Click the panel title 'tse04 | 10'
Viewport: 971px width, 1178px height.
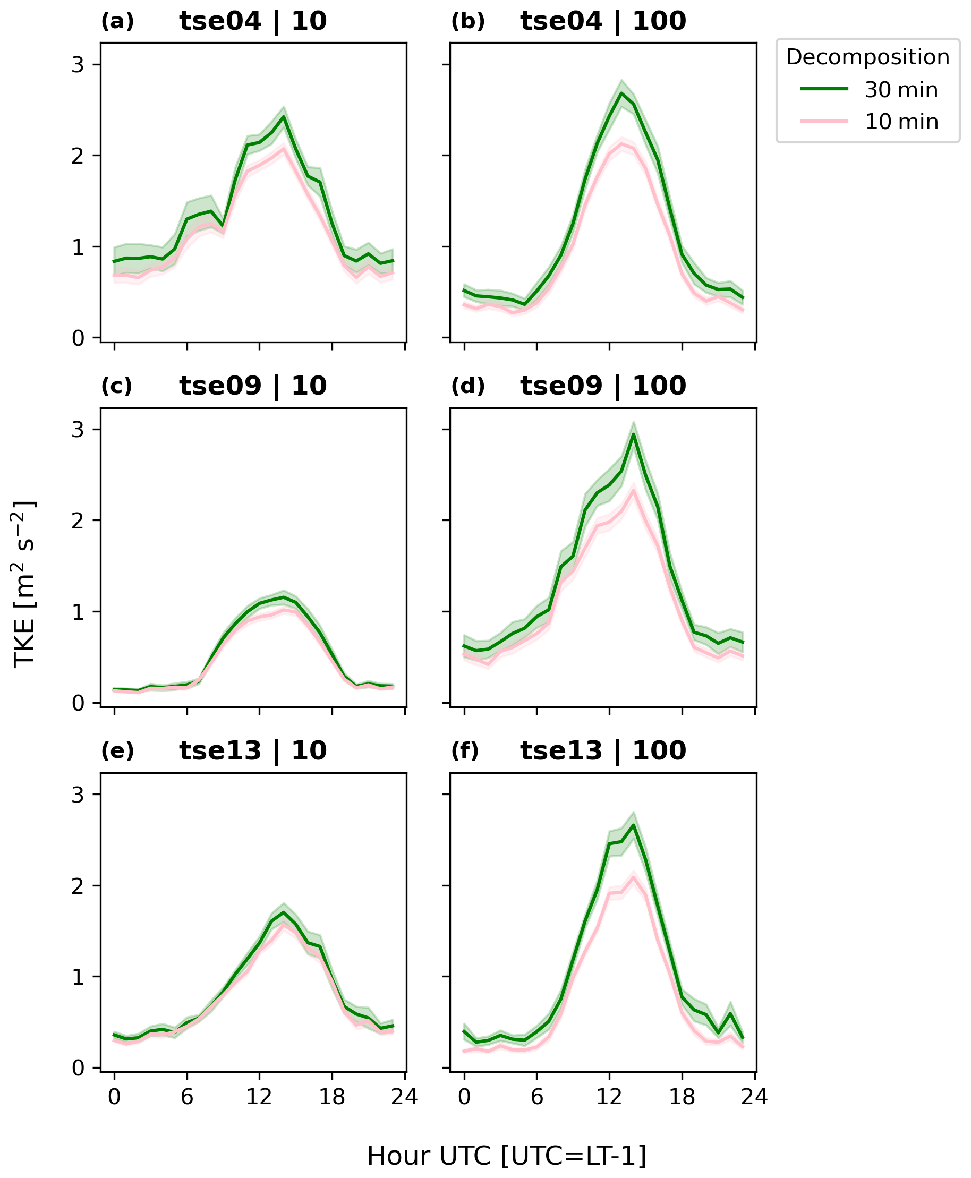tap(253, 22)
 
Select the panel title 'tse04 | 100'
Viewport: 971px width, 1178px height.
tap(603, 22)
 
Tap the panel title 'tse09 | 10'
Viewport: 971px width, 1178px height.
tap(253, 387)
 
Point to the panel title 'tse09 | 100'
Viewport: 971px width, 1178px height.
tap(603, 387)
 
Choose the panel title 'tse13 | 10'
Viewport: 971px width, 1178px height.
tap(253, 751)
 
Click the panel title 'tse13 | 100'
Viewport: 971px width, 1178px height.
tap(603, 751)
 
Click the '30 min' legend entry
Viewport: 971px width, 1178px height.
tap(900, 90)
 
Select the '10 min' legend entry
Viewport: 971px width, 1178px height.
tap(900, 122)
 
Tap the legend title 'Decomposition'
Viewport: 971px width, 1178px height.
tap(867, 57)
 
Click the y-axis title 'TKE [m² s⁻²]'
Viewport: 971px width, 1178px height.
tap(24, 584)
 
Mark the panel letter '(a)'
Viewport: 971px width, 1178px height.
tap(117, 22)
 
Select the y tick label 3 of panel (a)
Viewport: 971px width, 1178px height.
tap(78, 65)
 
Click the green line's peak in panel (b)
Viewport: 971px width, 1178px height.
tap(621, 93)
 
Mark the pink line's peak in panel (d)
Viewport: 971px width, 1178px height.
tap(633, 491)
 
